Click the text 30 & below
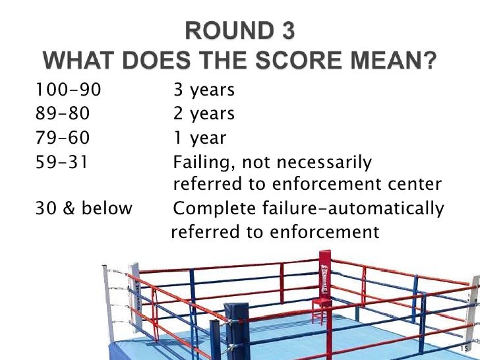(x=82, y=209)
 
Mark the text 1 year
(x=199, y=138)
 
